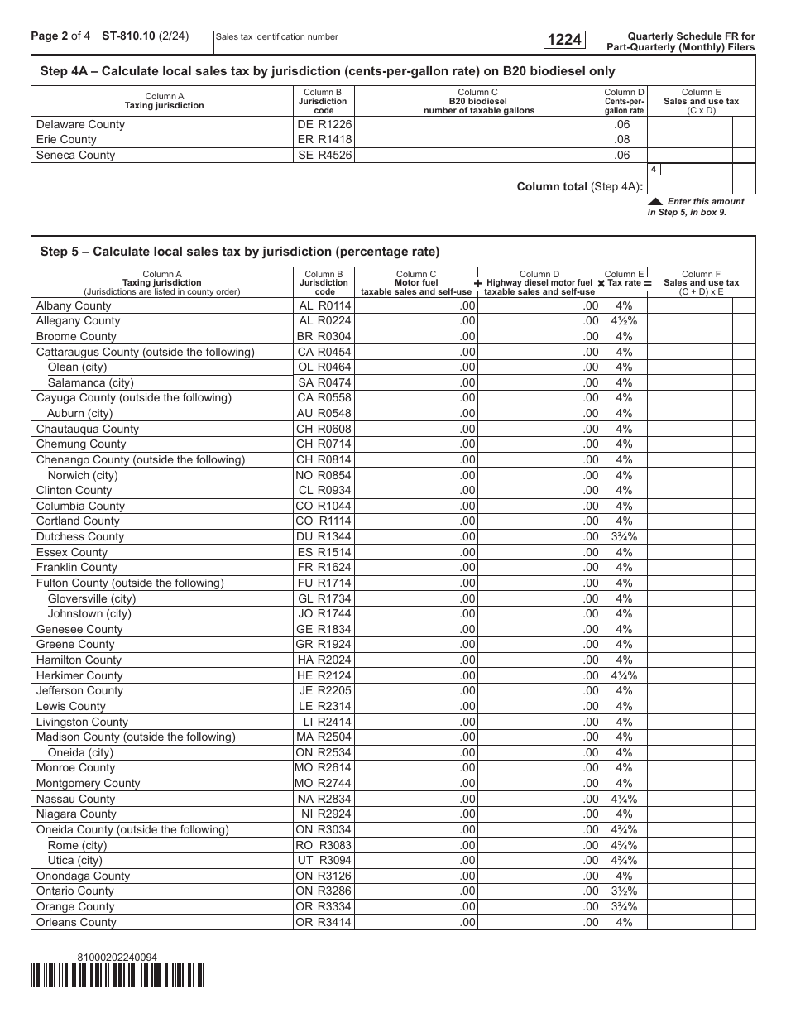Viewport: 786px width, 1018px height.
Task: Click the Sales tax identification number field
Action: click(371, 41)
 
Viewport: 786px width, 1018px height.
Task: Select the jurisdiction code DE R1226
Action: click(324, 124)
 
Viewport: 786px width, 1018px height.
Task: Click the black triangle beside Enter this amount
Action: click(655, 201)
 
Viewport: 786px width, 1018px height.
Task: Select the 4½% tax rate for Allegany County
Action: click(624, 321)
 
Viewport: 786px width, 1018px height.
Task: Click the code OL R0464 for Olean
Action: click(324, 367)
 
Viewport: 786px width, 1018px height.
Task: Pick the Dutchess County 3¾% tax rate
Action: click(624, 536)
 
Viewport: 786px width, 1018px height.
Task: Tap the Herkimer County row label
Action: click(79, 675)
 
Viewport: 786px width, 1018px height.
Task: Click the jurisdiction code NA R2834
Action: click(324, 799)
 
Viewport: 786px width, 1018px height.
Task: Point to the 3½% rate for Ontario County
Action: click(624, 891)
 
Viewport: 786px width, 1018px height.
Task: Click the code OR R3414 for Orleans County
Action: click(324, 922)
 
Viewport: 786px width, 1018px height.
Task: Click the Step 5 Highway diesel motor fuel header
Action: click(539, 282)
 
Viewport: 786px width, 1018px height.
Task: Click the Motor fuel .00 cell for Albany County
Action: click(416, 305)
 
